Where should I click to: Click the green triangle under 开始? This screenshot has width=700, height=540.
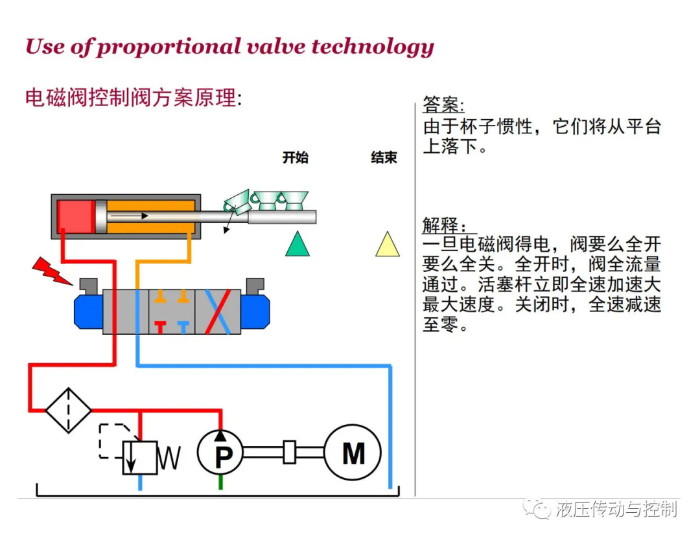[297, 244]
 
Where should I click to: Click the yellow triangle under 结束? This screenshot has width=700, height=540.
[388, 244]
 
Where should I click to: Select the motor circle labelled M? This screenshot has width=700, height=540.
[353, 452]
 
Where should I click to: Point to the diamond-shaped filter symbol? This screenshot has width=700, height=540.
[68, 410]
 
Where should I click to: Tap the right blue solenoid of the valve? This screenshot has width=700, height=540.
[255, 311]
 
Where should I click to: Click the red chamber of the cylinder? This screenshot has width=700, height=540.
[75, 216]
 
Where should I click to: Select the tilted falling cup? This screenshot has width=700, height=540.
[237, 201]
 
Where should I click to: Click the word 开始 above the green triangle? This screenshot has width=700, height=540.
[295, 157]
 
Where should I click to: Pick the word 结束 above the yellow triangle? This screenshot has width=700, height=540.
[384, 157]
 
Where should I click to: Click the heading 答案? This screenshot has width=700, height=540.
[443, 105]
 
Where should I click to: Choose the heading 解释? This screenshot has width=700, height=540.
[445, 225]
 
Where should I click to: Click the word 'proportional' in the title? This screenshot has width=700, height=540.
[169, 47]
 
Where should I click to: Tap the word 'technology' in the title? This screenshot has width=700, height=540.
[373, 47]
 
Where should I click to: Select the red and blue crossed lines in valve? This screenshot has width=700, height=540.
[218, 311]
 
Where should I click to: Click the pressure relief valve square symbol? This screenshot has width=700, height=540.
[140, 458]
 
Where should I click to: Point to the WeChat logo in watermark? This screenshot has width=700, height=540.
[537, 508]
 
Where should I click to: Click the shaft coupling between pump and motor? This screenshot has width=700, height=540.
[289, 452]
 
